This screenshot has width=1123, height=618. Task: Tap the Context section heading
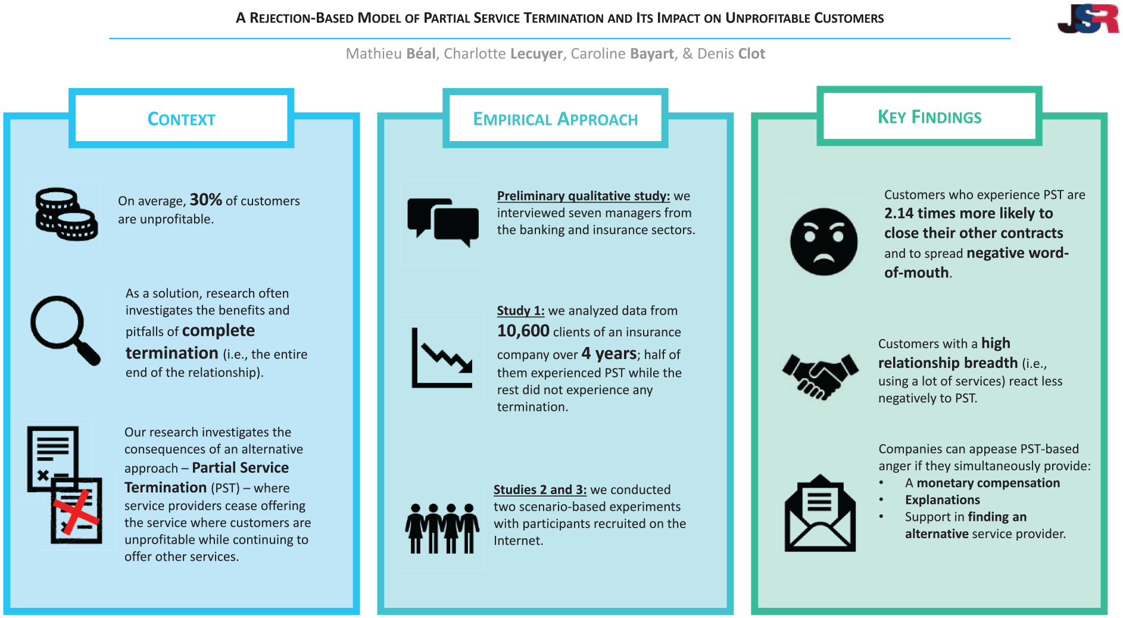(x=181, y=119)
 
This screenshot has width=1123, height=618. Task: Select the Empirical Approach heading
(x=555, y=119)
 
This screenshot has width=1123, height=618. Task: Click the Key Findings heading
(x=929, y=117)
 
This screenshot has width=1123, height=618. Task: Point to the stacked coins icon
(x=66, y=214)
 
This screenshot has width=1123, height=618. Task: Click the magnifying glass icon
(x=65, y=330)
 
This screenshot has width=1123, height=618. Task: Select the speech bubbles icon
(x=443, y=222)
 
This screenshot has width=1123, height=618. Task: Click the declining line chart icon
(x=442, y=357)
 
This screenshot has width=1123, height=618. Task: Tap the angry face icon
(x=823, y=241)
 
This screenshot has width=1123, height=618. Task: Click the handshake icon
(x=821, y=376)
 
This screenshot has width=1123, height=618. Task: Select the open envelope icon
(x=820, y=513)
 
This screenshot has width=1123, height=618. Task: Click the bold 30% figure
(x=205, y=199)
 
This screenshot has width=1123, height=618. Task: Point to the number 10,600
(x=523, y=330)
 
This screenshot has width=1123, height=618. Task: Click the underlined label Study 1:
(x=520, y=310)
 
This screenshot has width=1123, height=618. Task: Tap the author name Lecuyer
(x=536, y=54)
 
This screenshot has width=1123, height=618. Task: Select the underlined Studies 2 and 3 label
(x=540, y=489)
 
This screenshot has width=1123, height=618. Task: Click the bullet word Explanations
(x=942, y=500)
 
